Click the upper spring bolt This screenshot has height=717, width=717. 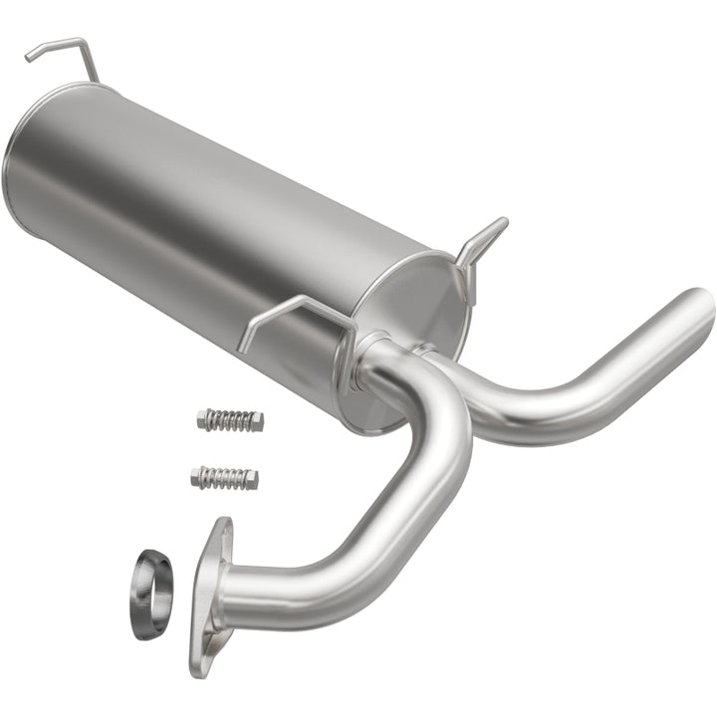230,420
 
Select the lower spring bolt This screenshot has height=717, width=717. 224,478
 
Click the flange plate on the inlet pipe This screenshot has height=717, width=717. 210,597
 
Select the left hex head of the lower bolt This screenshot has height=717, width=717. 197,477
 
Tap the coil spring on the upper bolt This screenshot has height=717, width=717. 232,420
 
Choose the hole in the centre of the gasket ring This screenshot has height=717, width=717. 150,594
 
